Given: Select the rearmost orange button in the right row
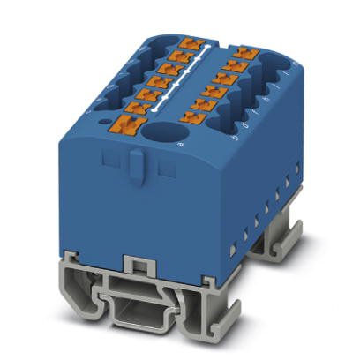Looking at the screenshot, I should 244,55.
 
